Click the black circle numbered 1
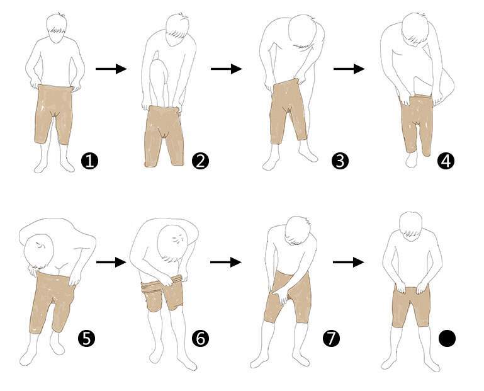pyautogui.click(x=89, y=161)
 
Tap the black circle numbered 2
pyautogui.click(x=200, y=161)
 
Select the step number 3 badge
pyautogui.click(x=340, y=161)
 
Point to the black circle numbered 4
pyautogui.click(x=446, y=161)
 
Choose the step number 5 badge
pyautogui.click(x=86, y=339)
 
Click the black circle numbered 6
pyautogui.click(x=200, y=339)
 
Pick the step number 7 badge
pyautogui.click(x=331, y=339)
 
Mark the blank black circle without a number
pyautogui.click(x=447, y=339)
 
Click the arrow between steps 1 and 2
pyautogui.click(x=111, y=69)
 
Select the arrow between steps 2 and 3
pyautogui.click(x=226, y=69)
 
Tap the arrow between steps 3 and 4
pyautogui.click(x=349, y=69)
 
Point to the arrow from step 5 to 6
pyautogui.click(x=111, y=262)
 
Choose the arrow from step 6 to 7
pyautogui.click(x=226, y=262)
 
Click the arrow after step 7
pyautogui.click(x=349, y=262)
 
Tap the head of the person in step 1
pyautogui.click(x=56, y=28)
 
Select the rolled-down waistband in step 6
pyautogui.click(x=160, y=283)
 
